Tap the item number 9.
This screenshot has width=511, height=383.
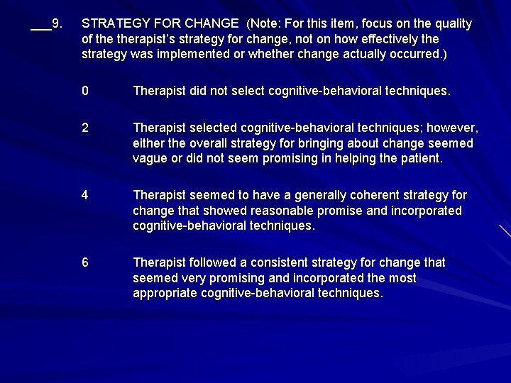(x=57, y=23)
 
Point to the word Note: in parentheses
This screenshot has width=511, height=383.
(x=263, y=23)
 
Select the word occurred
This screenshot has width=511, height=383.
(x=401, y=54)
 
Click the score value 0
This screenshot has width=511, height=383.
(x=85, y=91)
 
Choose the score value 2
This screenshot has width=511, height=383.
(x=85, y=128)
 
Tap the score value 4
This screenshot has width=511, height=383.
(x=85, y=195)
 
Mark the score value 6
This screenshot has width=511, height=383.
(x=85, y=262)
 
